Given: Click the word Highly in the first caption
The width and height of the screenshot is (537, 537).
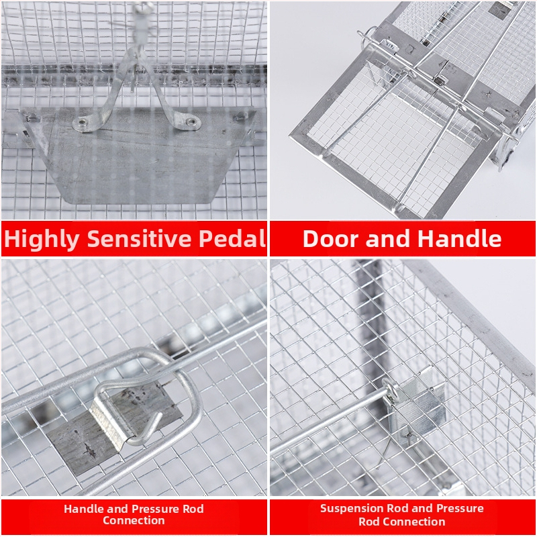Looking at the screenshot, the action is (42, 239).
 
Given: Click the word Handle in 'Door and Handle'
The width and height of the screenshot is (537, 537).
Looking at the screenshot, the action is (460, 238).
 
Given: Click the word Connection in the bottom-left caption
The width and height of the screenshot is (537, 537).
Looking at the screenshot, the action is (134, 521).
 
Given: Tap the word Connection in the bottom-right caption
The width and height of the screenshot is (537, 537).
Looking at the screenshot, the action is (401, 522).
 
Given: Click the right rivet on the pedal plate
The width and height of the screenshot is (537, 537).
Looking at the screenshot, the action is (191, 121).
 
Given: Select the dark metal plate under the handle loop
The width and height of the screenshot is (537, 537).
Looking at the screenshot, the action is (113, 428).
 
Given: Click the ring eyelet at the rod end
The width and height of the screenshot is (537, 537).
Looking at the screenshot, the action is (391, 389).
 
